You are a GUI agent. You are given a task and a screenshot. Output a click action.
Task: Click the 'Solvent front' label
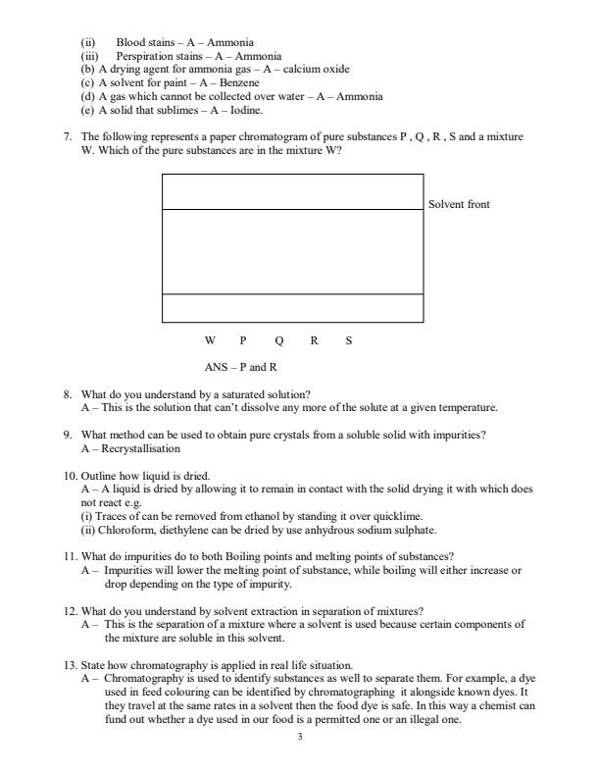click(459, 204)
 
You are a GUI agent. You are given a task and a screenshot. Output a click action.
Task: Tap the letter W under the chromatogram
click(210, 341)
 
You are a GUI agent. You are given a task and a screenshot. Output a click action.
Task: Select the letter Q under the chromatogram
click(279, 341)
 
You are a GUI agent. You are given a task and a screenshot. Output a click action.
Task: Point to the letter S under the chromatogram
click(349, 341)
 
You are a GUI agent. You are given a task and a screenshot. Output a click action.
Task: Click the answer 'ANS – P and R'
click(241, 367)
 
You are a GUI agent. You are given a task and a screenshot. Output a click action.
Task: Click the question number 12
click(69, 611)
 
